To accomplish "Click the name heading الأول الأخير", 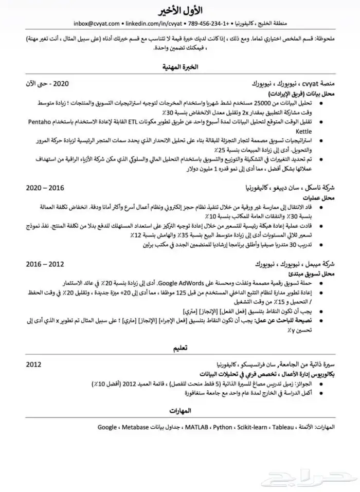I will [x=179, y=10].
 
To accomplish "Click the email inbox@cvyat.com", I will [x=97, y=23].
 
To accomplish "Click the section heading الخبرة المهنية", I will [x=179, y=67].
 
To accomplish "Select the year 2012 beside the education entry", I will [x=34, y=364].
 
